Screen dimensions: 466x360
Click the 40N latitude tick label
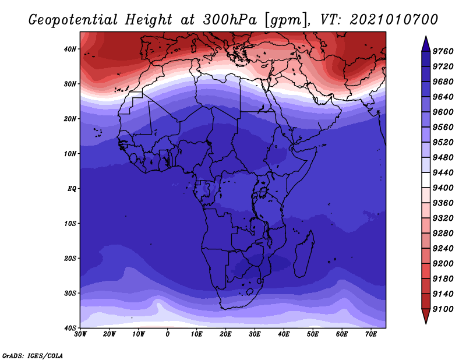(70, 49)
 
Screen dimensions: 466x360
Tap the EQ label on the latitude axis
(72, 189)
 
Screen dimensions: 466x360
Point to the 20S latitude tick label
(70, 258)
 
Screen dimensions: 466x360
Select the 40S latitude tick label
(70, 328)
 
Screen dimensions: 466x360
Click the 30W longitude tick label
(80, 334)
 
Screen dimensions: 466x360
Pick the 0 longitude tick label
(168, 334)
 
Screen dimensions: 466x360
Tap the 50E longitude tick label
(313, 334)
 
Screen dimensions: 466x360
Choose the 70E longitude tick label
(370, 334)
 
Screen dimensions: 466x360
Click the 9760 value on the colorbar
(443, 51)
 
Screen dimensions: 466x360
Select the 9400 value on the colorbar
(443, 188)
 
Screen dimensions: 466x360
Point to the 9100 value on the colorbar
(443, 309)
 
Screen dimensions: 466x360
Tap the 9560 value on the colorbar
(443, 127)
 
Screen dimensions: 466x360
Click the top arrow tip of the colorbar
(426, 36)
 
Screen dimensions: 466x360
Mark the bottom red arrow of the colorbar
(426, 316)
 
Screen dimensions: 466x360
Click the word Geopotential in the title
(73, 20)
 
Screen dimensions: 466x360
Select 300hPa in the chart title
(230, 20)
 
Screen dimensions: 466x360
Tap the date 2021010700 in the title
(394, 20)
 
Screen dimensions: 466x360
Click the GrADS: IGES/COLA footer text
(33, 355)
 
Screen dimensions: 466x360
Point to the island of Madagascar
(304, 253)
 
